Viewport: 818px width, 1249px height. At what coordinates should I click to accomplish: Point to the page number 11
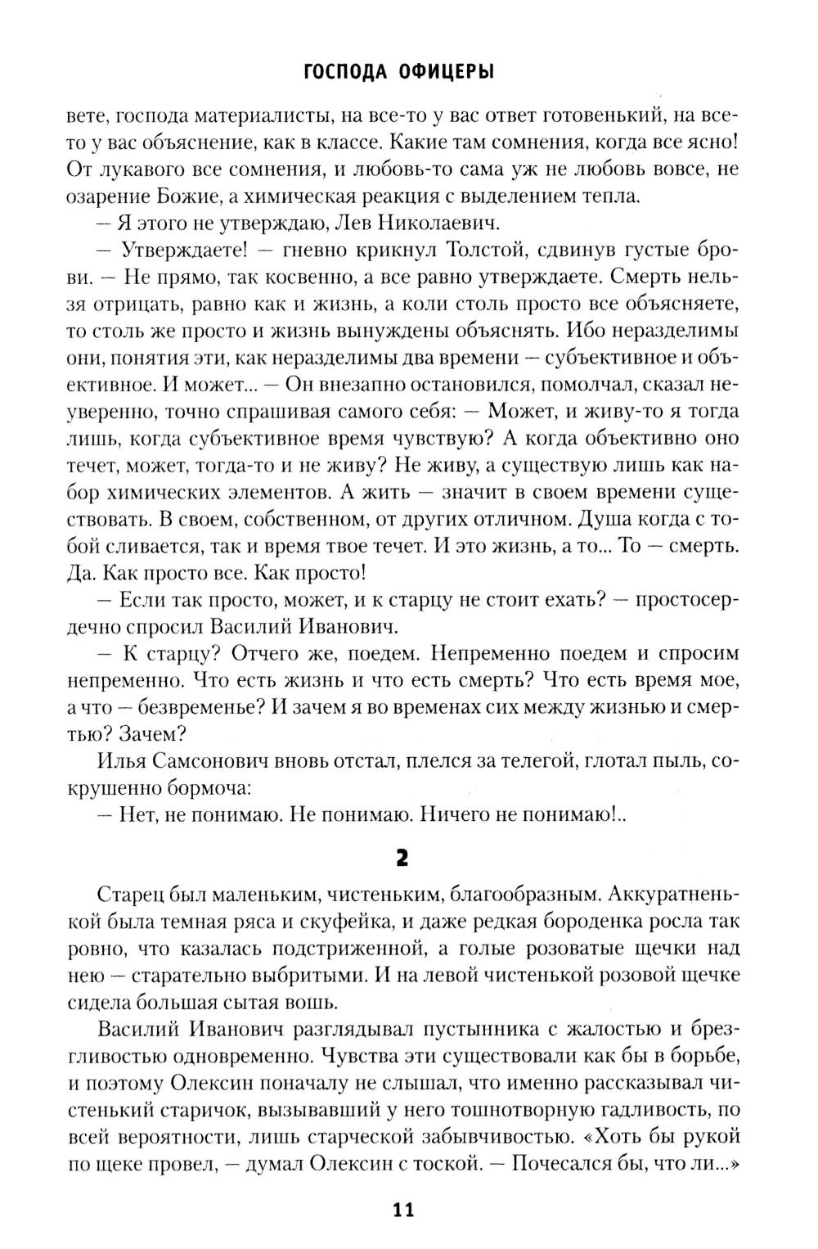pyautogui.click(x=403, y=1210)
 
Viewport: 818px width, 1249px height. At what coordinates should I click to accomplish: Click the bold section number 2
pyautogui.click(x=402, y=857)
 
